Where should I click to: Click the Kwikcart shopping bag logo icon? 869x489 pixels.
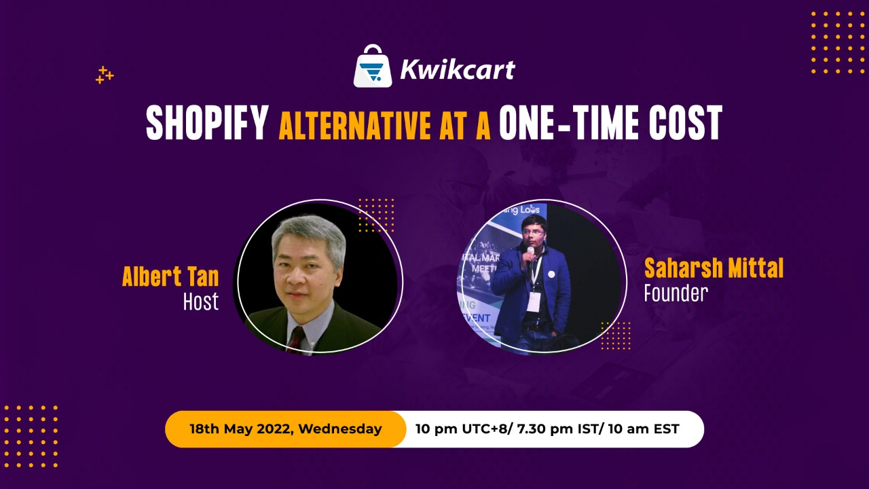[373, 66]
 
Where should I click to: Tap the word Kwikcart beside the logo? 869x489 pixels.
[458, 69]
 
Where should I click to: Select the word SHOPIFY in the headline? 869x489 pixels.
[208, 123]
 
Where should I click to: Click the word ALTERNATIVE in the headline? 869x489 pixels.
[354, 125]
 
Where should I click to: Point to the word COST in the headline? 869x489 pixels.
[686, 123]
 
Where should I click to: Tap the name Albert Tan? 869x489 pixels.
[170, 276]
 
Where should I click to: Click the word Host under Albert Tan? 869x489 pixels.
[201, 302]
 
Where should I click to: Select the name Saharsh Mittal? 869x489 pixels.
[714, 268]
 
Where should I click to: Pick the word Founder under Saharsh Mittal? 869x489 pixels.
[676, 293]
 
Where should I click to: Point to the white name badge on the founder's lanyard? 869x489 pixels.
[534, 302]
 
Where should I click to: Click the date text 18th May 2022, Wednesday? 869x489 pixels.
[286, 429]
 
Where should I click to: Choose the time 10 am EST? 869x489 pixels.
[644, 429]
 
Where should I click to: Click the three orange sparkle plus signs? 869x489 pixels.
[105, 75]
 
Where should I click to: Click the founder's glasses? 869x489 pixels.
[533, 232]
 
